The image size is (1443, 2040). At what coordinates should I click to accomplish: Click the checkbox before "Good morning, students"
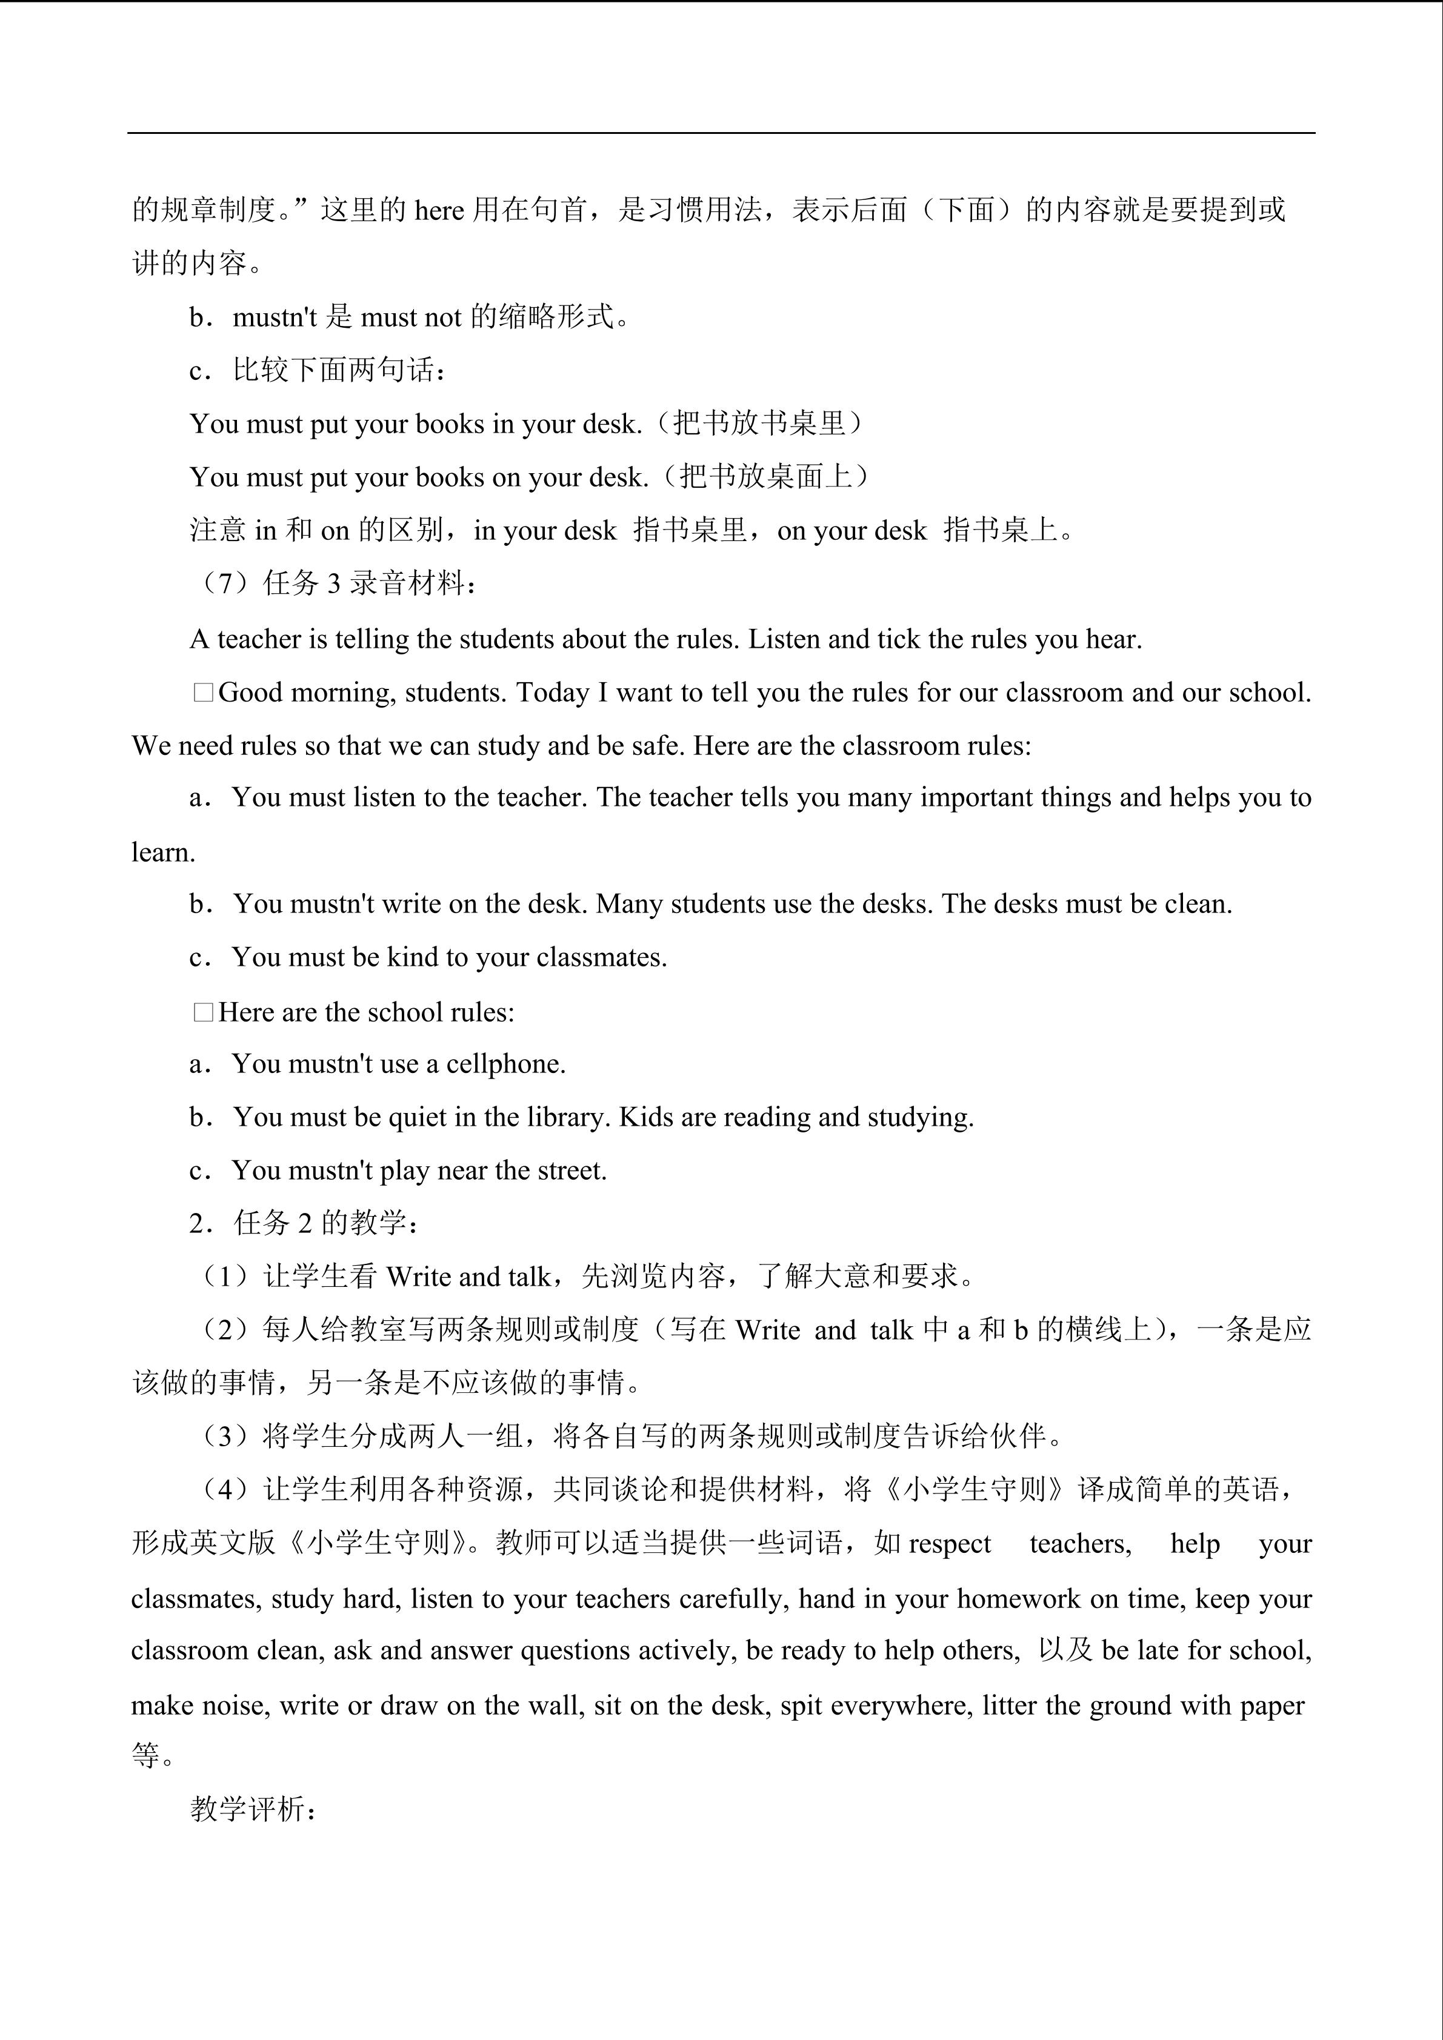204,693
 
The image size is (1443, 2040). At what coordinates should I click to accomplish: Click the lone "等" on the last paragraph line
145,1756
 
